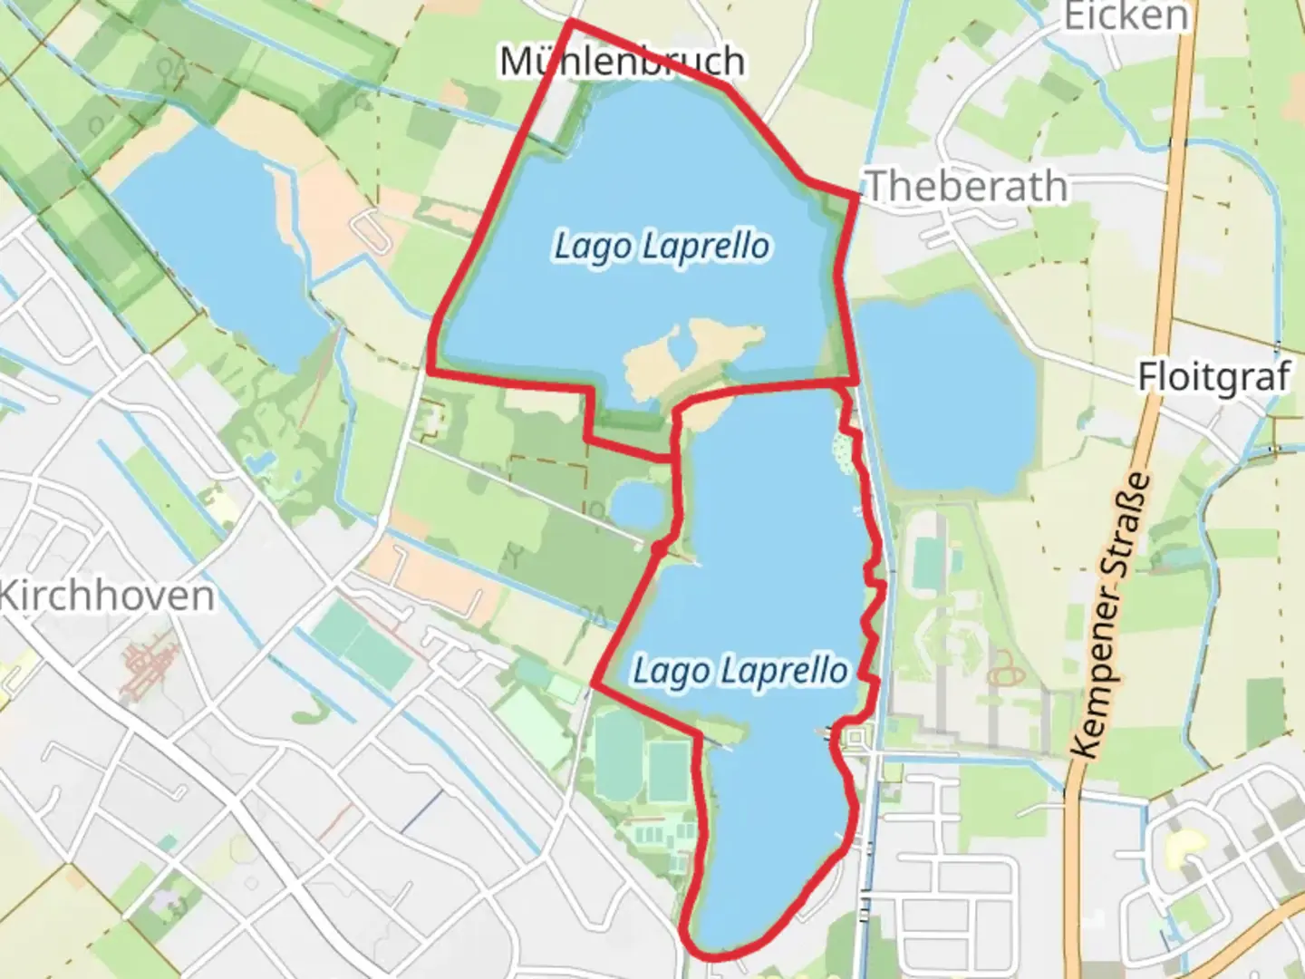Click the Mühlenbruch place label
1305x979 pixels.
pyautogui.click(x=623, y=62)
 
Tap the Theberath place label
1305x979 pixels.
pyautogui.click(x=968, y=187)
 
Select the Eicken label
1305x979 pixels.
pyautogui.click(x=1125, y=16)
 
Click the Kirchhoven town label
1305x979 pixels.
pyautogui.click(x=107, y=596)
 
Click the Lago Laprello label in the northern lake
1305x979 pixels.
pyautogui.click(x=662, y=247)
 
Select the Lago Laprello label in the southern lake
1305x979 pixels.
pyautogui.click(x=739, y=672)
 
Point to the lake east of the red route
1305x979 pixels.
pyautogui.click(x=942, y=390)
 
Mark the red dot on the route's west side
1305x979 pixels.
pyautogui.click(x=660, y=548)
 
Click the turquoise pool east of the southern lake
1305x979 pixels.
pyautogui.click(x=926, y=562)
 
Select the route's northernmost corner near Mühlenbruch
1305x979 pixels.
pyautogui.click(x=571, y=22)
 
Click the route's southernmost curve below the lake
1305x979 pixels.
pyautogui.click(x=716, y=954)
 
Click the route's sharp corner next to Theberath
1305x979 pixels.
pyautogui.click(x=856, y=193)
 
